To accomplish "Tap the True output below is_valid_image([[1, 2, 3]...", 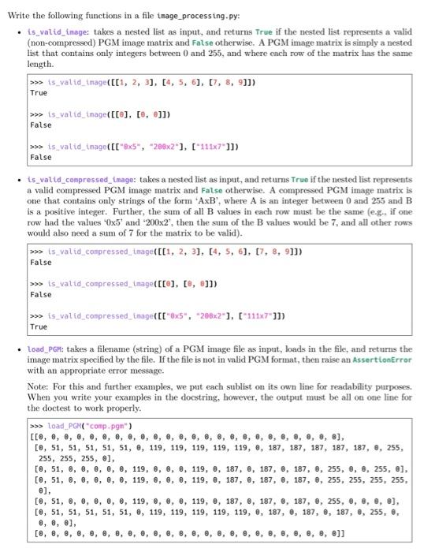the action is point(39,93).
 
